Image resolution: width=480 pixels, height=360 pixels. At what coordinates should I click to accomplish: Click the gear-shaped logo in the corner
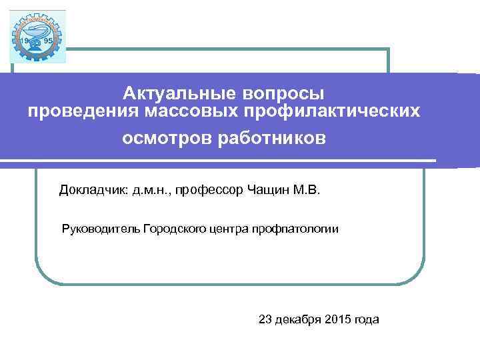click(x=38, y=37)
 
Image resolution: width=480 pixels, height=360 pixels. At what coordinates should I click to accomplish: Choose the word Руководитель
click(x=100, y=229)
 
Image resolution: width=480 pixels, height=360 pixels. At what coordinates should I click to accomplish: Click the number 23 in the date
click(x=265, y=319)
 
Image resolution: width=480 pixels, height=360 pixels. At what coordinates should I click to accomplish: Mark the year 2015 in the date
click(x=339, y=319)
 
